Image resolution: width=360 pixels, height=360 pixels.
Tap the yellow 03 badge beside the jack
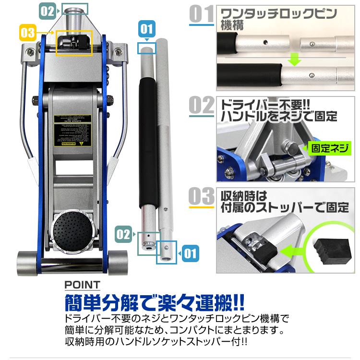pyautogui.click(x=28, y=33)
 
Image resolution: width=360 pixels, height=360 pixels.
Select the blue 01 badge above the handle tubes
pyautogui.click(x=147, y=29)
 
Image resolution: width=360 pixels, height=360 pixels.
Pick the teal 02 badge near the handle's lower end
pyautogui.click(x=123, y=234)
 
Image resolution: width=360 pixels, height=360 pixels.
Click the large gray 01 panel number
pyautogui.click(x=201, y=14)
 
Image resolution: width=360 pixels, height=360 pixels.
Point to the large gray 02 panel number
pyautogui.click(x=201, y=106)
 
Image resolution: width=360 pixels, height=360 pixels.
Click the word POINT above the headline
pyautogui.click(x=82, y=285)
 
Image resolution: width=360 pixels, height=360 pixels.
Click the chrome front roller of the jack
pyautogui.click(x=72, y=264)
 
